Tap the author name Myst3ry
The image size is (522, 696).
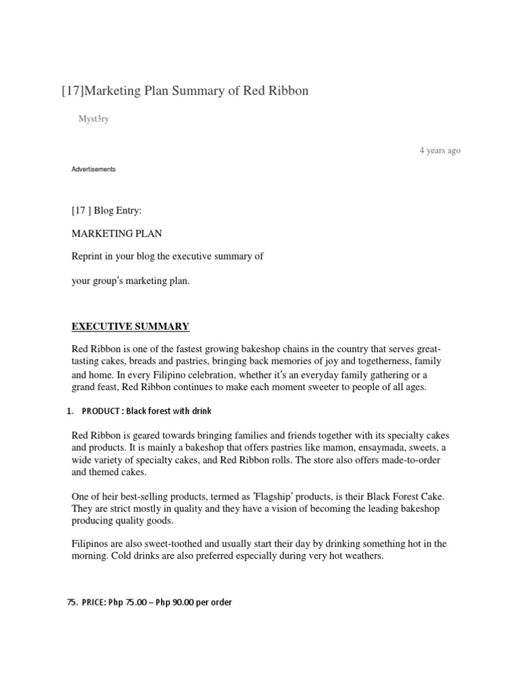[94, 120]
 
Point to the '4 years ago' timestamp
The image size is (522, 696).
[440, 150]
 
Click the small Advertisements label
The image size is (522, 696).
[94, 169]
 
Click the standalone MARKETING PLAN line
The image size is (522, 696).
[117, 234]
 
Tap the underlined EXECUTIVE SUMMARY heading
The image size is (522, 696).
[130, 326]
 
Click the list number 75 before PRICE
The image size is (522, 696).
[71, 602]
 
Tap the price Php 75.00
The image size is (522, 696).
[127, 602]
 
